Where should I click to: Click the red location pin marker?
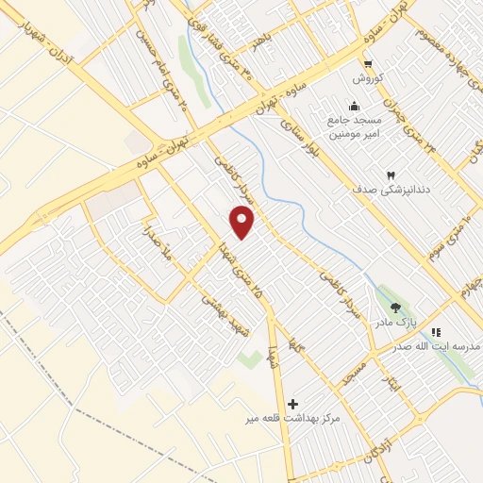[x=242, y=222]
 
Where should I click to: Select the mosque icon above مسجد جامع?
[x=353, y=105]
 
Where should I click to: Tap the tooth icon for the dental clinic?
[x=389, y=175]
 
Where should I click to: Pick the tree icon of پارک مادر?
[x=395, y=308]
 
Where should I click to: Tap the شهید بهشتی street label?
[x=215, y=308]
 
